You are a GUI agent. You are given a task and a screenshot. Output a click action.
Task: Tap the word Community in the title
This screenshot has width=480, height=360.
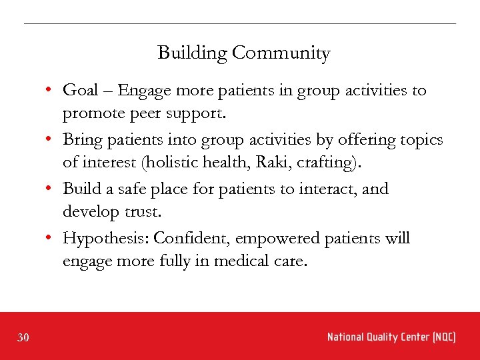pyautogui.click(x=280, y=53)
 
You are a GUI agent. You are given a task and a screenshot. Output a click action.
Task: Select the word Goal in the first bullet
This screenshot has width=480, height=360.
pyautogui.click(x=79, y=91)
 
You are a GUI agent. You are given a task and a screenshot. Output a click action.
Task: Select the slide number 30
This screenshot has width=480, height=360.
pyautogui.click(x=23, y=338)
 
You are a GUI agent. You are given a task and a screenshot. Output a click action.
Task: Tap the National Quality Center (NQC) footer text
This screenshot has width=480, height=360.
pyautogui.click(x=391, y=337)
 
